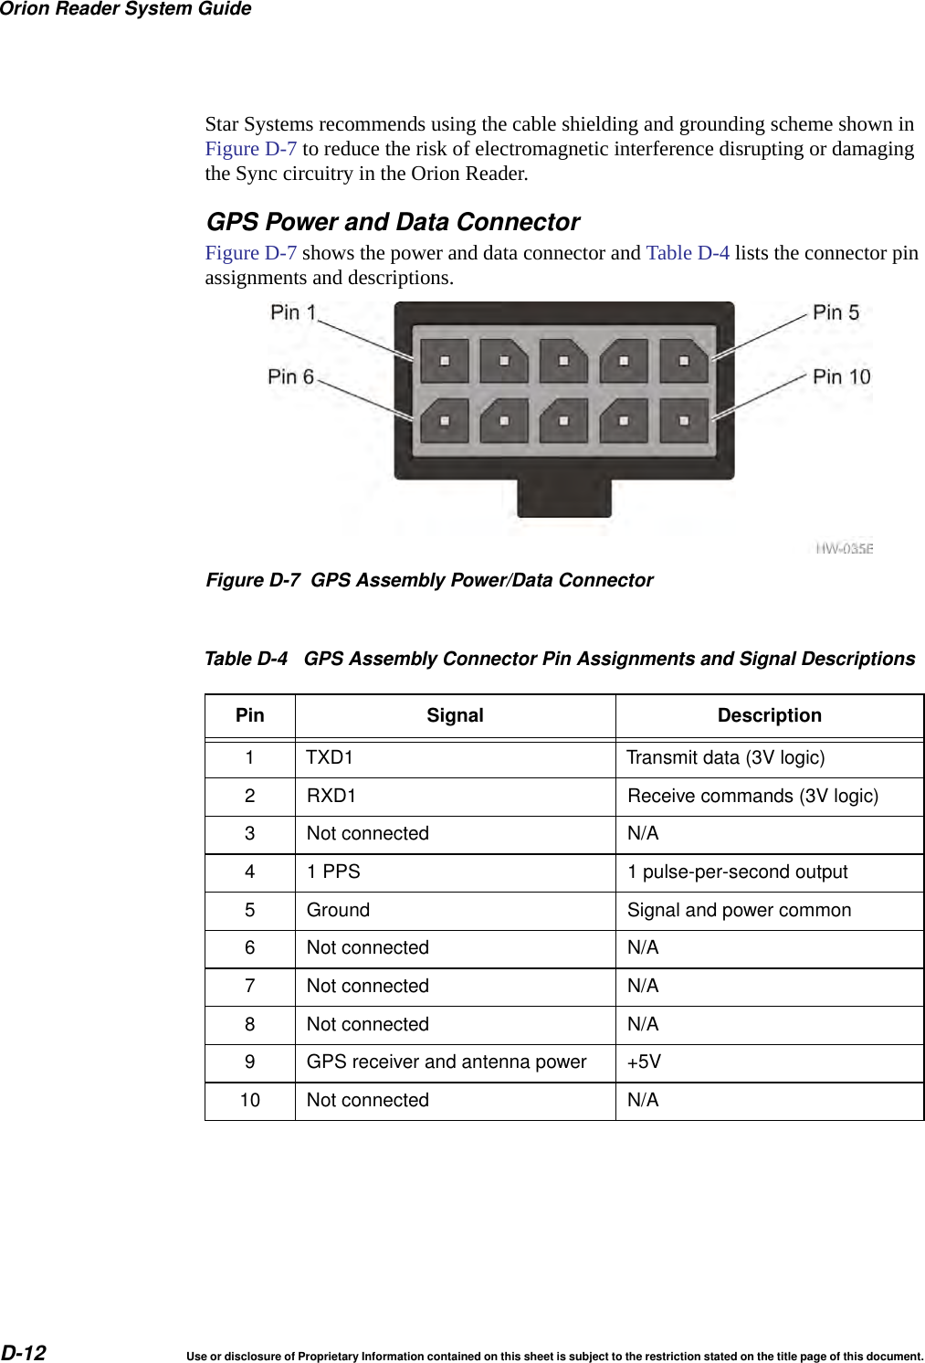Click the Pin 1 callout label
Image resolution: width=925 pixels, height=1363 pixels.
(293, 312)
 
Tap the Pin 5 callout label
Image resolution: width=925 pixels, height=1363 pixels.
(836, 312)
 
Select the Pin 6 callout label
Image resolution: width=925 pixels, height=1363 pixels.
(290, 376)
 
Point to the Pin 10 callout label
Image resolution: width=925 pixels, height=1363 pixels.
(841, 376)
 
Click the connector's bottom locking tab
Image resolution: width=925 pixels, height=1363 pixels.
(563, 497)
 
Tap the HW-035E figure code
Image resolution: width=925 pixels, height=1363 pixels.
(844, 548)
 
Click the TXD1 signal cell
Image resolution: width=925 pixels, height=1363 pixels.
(330, 757)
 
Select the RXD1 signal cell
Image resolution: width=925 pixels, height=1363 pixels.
(331, 796)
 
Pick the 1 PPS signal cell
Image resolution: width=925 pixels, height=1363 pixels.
(333, 872)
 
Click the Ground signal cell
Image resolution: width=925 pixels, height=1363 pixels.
(338, 910)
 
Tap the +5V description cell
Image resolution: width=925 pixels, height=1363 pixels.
(644, 1062)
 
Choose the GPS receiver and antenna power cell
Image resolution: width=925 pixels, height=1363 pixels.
(447, 1062)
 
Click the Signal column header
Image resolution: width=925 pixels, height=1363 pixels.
(455, 715)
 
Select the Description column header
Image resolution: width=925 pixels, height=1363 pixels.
(769, 715)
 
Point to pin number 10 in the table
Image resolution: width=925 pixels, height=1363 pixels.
(249, 1100)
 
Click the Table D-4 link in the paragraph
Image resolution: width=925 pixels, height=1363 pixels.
(688, 253)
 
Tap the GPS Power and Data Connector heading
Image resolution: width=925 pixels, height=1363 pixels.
(393, 222)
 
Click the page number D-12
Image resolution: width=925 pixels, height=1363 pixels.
(24, 1352)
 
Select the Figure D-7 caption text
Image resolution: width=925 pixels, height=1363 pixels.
(429, 580)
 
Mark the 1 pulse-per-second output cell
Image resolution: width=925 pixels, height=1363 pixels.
(737, 872)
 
